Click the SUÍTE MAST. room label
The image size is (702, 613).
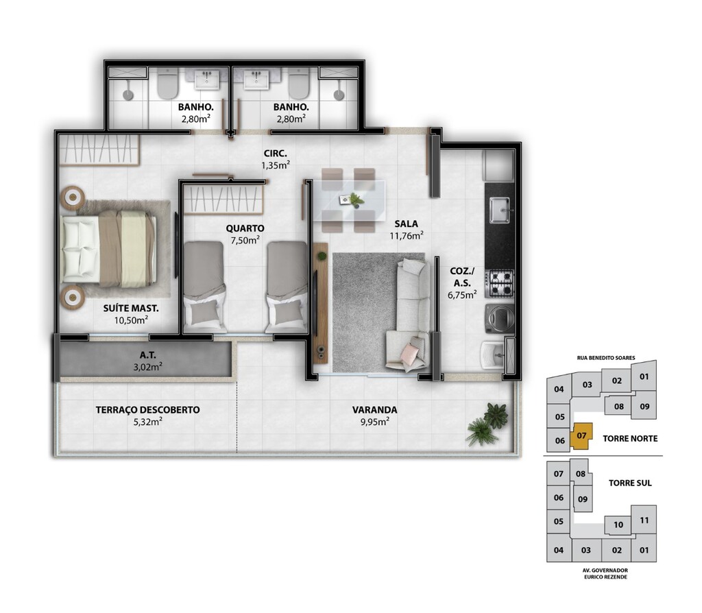point(131,308)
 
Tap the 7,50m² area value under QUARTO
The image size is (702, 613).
point(245,240)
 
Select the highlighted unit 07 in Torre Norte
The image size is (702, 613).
point(581,436)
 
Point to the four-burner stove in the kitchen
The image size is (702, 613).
point(501,284)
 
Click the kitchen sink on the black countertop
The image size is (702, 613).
point(500,210)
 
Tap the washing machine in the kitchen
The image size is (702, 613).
point(500,318)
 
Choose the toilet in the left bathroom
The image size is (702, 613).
point(168,84)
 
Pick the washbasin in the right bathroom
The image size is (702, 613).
point(256,80)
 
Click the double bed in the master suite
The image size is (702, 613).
point(109,249)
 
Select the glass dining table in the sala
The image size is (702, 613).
point(349,200)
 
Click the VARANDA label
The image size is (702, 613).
point(375,410)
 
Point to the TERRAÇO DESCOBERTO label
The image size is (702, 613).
point(148,410)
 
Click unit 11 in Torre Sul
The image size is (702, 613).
point(644,520)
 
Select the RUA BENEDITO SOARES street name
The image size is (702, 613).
point(606,358)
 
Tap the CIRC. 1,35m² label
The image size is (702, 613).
point(276,159)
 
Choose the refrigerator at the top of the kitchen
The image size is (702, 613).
point(498,165)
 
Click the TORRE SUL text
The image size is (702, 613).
point(630,483)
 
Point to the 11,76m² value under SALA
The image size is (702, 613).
point(407,235)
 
